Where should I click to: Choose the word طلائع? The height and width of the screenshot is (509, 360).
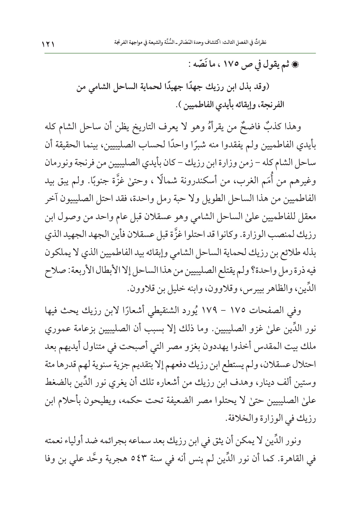[282, 255]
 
